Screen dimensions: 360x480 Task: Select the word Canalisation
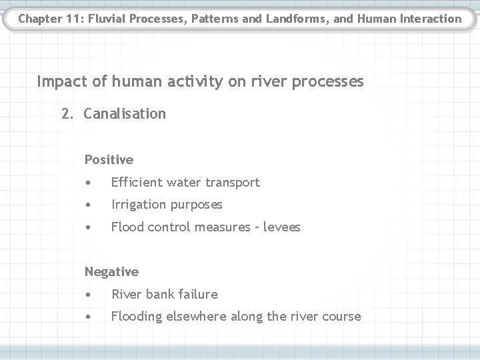click(x=125, y=113)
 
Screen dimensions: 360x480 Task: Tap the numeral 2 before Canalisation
click(x=65, y=113)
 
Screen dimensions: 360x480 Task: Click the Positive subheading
click(x=109, y=159)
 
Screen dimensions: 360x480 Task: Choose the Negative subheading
click(x=111, y=271)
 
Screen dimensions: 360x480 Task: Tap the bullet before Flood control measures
click(x=88, y=227)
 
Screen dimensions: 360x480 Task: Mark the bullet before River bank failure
click(x=88, y=294)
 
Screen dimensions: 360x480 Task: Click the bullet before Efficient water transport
click(x=88, y=182)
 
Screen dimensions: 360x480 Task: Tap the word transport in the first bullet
click(x=233, y=182)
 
